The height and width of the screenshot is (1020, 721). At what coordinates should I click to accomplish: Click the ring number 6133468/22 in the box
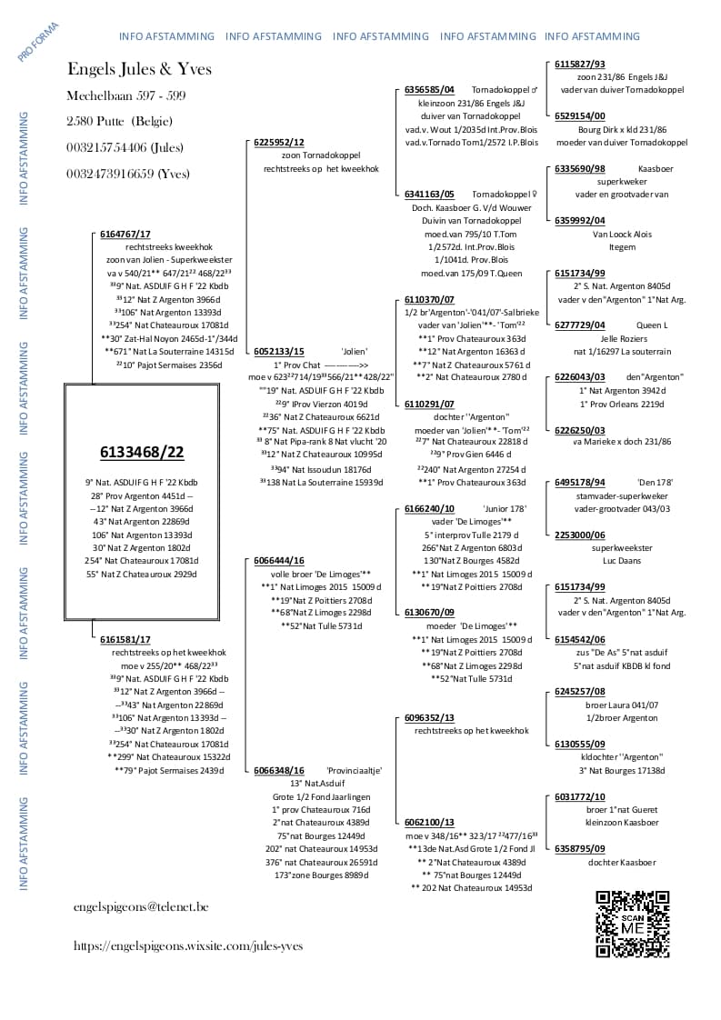(141, 453)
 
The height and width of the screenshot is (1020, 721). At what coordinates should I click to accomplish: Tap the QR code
(633, 924)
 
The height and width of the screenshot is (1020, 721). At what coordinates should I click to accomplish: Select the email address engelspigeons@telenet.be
(141, 906)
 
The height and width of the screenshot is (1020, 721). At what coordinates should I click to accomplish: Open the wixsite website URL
(188, 945)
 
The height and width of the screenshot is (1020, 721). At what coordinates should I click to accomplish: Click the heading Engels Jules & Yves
(139, 70)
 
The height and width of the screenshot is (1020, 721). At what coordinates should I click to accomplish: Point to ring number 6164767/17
(125, 234)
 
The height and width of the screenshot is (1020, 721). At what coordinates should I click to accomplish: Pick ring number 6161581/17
(125, 640)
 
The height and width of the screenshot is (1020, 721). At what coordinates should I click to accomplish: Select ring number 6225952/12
(279, 143)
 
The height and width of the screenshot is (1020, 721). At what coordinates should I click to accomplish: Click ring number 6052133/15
(279, 351)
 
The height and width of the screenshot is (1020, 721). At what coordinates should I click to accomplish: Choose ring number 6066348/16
(279, 770)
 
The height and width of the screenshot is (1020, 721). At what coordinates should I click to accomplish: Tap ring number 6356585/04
(429, 90)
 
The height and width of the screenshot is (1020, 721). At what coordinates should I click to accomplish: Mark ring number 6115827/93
(579, 65)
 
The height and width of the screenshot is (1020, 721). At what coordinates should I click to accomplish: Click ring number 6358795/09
(579, 848)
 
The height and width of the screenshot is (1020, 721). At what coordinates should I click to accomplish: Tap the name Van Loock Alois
(622, 234)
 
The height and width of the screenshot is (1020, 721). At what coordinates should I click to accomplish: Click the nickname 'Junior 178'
(505, 509)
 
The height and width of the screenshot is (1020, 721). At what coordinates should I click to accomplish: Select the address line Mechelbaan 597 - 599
(125, 95)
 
